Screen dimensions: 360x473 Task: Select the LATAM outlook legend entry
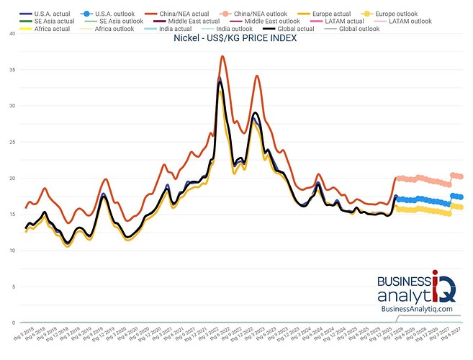pyautogui.click(x=410, y=22)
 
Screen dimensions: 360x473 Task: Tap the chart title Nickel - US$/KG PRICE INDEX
pyautogui.click(x=235, y=38)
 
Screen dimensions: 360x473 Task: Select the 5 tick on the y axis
pyautogui.click(x=12, y=287)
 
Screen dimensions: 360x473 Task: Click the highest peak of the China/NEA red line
pyautogui.click(x=222, y=56)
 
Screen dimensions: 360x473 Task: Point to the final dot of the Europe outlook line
pyautogui.click(x=460, y=207)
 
